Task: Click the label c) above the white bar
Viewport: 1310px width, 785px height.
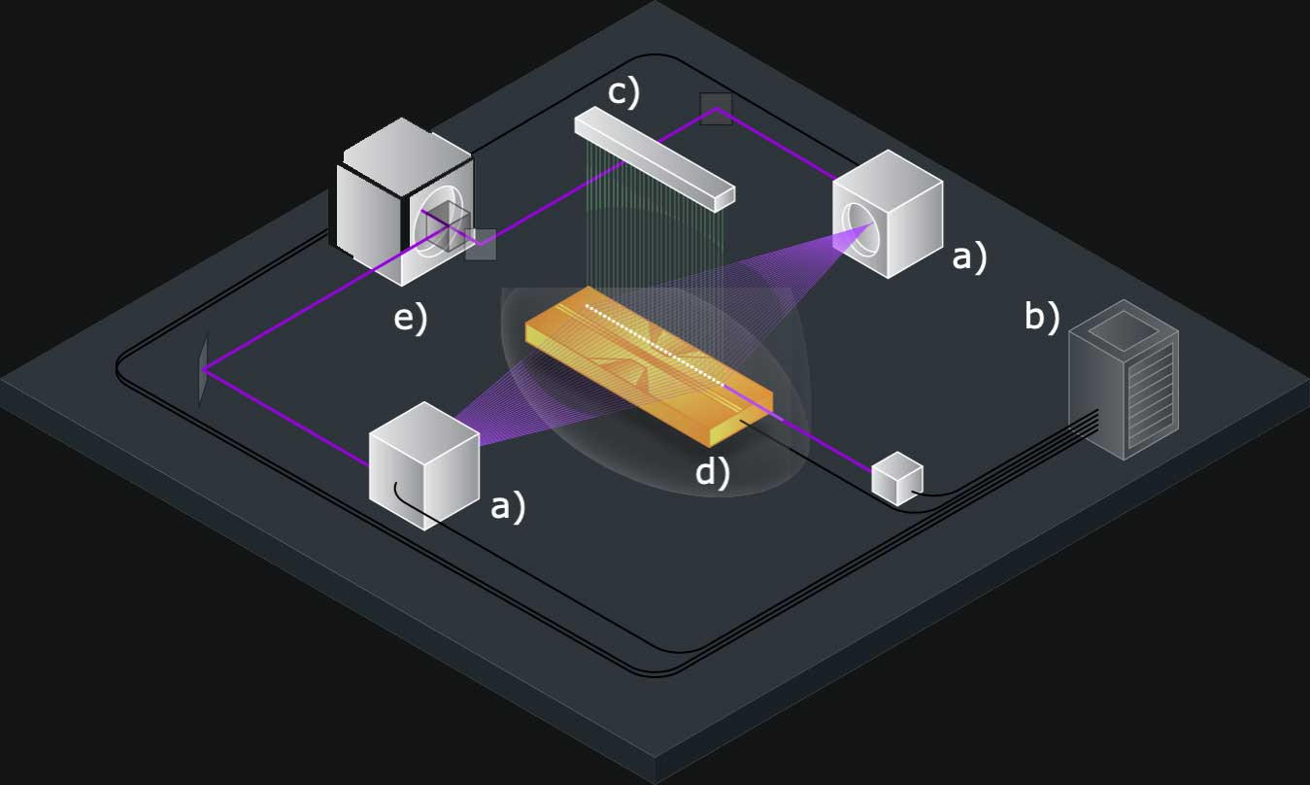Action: (x=623, y=92)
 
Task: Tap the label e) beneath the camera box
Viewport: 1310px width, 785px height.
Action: (x=410, y=317)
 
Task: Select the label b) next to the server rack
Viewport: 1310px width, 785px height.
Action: (x=1042, y=318)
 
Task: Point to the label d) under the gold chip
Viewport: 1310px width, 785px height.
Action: (x=712, y=473)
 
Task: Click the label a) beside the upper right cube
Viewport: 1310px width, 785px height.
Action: (x=968, y=256)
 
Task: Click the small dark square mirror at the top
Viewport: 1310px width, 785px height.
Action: (x=716, y=109)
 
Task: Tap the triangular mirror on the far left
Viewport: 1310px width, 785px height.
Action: (x=203, y=369)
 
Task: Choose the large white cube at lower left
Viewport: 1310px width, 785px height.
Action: (x=424, y=466)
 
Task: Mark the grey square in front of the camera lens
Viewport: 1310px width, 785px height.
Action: (x=480, y=244)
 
